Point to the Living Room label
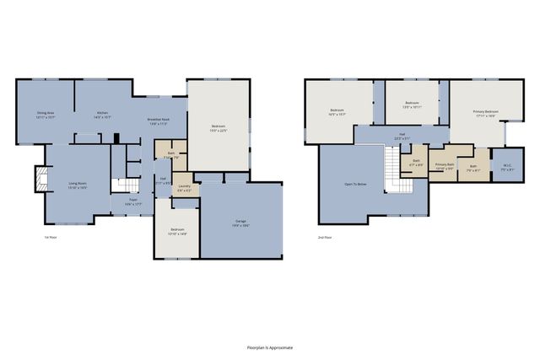click(x=78, y=185)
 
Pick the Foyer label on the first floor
click(x=133, y=202)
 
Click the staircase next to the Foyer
click(x=124, y=186)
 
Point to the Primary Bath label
click(x=444, y=167)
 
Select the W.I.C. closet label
click(x=508, y=168)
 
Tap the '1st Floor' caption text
click(x=50, y=238)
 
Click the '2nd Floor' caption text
click(x=326, y=238)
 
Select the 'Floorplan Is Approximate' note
click(x=269, y=347)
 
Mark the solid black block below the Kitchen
click(x=117, y=138)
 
